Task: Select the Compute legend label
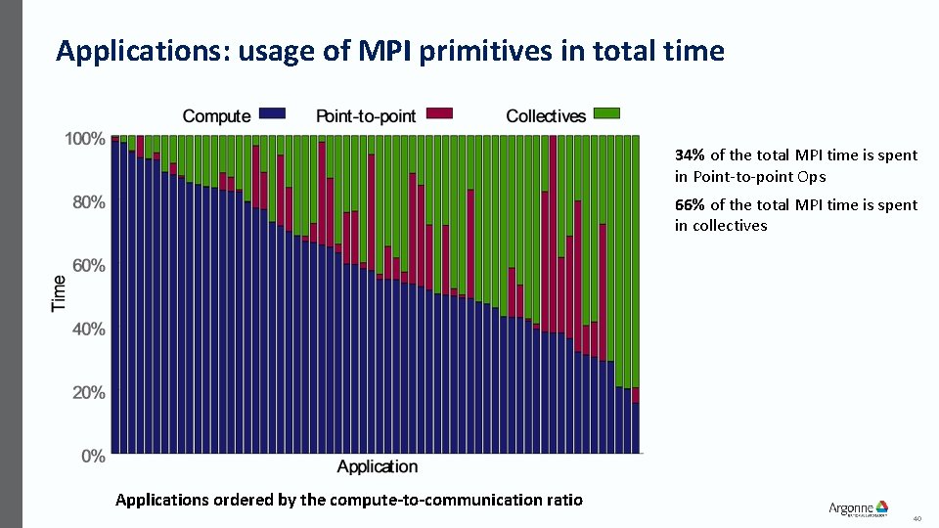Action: (x=216, y=116)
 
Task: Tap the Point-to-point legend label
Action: (x=366, y=116)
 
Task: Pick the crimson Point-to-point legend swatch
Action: (x=438, y=115)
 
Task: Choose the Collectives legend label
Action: (x=546, y=116)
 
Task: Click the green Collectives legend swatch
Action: (x=607, y=115)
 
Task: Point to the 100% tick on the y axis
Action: (x=85, y=139)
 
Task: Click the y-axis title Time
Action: (x=60, y=293)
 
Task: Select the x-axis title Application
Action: (x=377, y=466)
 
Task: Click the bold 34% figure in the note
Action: (x=690, y=154)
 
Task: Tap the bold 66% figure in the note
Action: (x=690, y=204)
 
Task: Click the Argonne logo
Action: (x=858, y=508)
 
